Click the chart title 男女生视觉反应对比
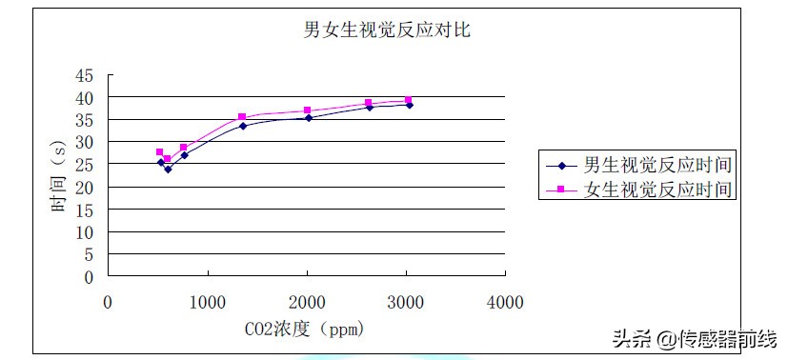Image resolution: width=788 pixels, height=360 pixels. pyautogui.click(x=386, y=30)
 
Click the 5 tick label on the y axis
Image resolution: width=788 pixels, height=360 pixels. pyautogui.click(x=89, y=255)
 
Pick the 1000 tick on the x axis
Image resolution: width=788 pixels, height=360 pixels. pyautogui.click(x=208, y=302)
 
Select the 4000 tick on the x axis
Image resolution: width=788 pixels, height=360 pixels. pyautogui.click(x=505, y=302)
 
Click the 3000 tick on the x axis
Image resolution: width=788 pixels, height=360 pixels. pyautogui.click(x=406, y=302)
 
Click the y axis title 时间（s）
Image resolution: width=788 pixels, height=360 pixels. pyautogui.click(x=59, y=177)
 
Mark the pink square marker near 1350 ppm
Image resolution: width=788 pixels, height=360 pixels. pyautogui.click(x=242, y=117)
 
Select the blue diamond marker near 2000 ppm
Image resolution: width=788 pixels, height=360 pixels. pyautogui.click(x=308, y=118)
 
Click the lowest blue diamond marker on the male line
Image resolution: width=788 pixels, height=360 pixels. pyautogui.click(x=168, y=170)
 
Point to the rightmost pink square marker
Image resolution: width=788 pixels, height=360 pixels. pyautogui.click(x=408, y=100)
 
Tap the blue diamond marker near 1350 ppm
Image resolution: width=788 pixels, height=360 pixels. pyautogui.click(x=242, y=126)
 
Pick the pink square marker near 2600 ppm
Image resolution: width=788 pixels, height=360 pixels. pyautogui.click(x=369, y=103)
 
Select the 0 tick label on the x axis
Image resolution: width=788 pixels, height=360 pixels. pyautogui.click(x=108, y=302)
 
